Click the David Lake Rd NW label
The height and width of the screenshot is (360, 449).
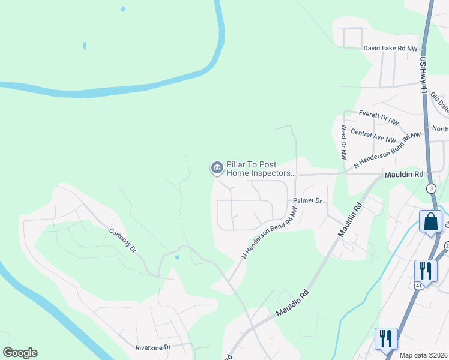click(x=390, y=48)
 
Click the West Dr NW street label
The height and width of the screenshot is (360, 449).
click(x=343, y=142)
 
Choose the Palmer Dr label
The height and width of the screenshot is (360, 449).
click(x=308, y=200)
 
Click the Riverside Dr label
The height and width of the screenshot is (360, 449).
click(x=154, y=347)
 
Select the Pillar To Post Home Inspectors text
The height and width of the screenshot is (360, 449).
click(x=261, y=169)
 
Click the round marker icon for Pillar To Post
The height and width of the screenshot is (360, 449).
click(x=216, y=168)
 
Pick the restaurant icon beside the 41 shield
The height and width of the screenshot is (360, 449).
click(x=425, y=270)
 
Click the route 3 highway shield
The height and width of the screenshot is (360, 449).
click(x=431, y=188)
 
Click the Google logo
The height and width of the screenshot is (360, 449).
click(x=20, y=353)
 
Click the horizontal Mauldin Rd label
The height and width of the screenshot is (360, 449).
click(x=403, y=174)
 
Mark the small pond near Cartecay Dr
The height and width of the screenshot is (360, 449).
click(x=176, y=257)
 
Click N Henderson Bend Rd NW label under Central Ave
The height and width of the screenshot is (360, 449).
click(x=387, y=149)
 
